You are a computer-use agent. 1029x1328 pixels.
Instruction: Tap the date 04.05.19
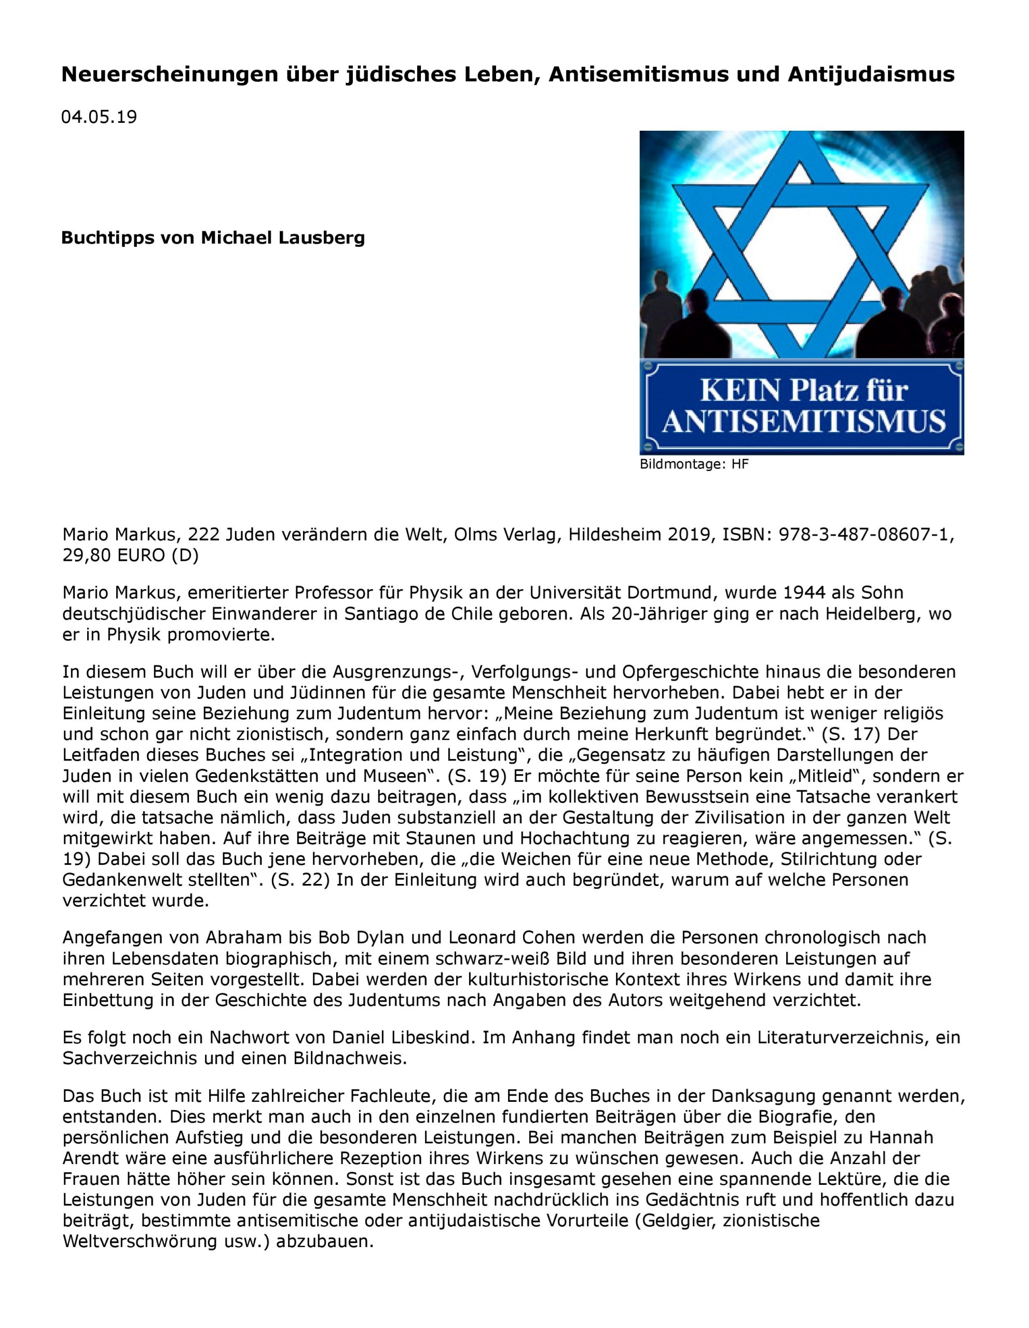pyautogui.click(x=99, y=117)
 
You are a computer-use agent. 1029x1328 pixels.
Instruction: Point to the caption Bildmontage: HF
pyautogui.click(x=694, y=465)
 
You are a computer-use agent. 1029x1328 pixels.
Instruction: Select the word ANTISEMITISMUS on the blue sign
pyautogui.click(x=803, y=421)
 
